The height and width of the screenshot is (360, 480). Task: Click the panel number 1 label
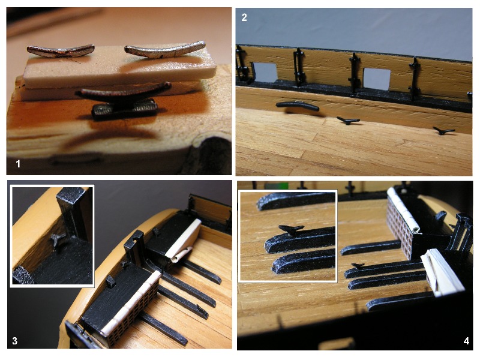click(18, 164)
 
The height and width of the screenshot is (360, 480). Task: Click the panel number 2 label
click(244, 17)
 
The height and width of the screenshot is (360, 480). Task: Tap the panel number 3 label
click(14, 341)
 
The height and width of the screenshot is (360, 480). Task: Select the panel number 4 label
click(466, 341)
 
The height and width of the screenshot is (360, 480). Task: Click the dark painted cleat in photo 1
click(124, 101)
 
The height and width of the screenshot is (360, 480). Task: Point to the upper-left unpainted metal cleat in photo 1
click(61, 51)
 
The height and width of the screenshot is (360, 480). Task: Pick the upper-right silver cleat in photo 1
click(164, 50)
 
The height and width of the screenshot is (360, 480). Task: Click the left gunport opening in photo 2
click(265, 73)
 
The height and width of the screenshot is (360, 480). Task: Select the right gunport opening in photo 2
click(377, 79)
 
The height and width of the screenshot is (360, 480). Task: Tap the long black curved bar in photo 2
click(297, 106)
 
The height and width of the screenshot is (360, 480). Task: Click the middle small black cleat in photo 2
click(349, 121)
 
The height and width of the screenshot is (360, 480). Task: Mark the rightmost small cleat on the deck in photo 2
click(443, 131)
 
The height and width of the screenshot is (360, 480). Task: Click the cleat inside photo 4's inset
click(291, 230)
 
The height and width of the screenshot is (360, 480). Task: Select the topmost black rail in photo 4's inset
click(296, 200)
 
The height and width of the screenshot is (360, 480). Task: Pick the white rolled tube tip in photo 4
click(415, 228)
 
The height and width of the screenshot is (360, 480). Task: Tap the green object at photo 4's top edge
click(277, 185)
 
